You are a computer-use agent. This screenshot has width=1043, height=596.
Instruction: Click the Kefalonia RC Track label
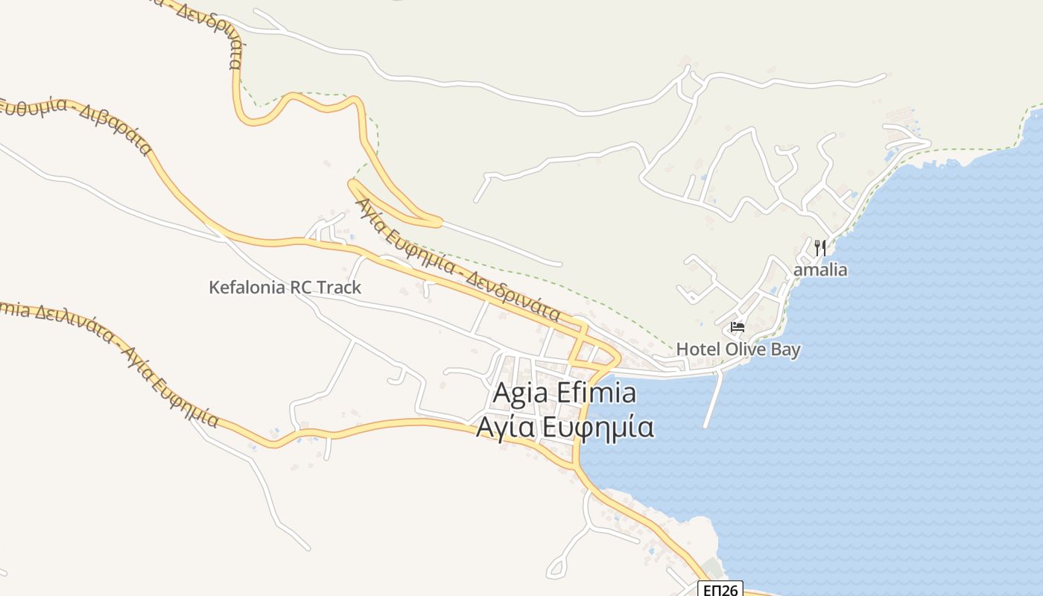point(285,288)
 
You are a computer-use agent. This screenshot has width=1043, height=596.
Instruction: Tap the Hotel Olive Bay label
point(738,349)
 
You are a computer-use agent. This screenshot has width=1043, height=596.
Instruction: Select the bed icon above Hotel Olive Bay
point(738,326)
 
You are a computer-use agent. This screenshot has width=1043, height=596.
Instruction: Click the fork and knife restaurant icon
point(819,247)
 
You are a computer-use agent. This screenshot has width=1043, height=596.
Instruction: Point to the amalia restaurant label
point(819,269)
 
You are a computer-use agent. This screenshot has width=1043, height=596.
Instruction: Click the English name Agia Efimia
point(565,393)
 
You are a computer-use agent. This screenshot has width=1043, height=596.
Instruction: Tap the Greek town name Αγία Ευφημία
point(565,428)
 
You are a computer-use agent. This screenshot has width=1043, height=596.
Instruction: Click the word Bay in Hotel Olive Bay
point(784,349)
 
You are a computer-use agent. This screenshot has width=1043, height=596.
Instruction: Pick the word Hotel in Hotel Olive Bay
point(695,349)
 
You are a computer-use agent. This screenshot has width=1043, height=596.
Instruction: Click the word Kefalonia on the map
point(247,288)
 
